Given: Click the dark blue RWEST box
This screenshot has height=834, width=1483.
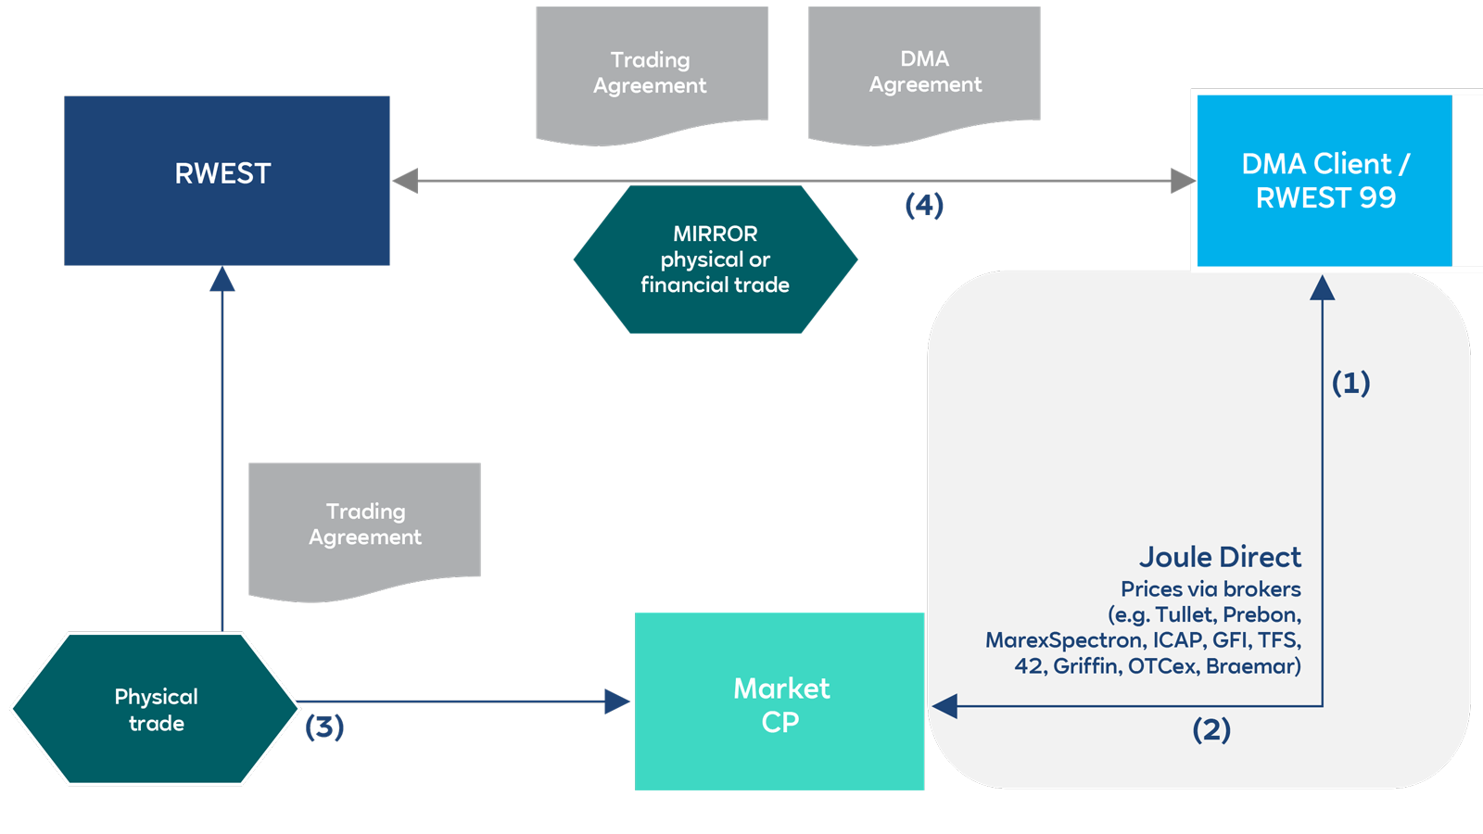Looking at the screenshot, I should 226,181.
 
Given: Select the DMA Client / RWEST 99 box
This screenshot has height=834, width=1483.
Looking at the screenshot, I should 1325,181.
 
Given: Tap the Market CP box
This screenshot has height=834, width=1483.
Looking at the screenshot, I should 780,702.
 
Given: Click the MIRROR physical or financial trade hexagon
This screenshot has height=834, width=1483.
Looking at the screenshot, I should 715,259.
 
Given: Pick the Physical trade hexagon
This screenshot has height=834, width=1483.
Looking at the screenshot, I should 156,709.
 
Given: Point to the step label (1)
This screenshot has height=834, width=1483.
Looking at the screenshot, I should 1350,383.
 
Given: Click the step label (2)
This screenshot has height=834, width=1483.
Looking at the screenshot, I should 1211,729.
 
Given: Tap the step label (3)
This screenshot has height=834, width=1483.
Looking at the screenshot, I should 324,727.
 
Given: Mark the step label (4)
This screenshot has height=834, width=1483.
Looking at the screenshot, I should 924,205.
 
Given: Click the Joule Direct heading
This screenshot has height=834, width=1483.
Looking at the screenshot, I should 1220,557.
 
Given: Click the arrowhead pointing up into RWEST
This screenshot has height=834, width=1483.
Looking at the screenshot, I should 222,279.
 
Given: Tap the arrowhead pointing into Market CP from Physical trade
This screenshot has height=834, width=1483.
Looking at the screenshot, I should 617,701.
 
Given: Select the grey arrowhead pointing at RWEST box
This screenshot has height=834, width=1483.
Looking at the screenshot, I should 405,181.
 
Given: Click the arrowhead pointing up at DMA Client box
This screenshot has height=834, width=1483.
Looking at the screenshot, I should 1323,288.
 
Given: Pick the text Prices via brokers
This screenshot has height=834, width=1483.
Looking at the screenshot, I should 1210,589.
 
